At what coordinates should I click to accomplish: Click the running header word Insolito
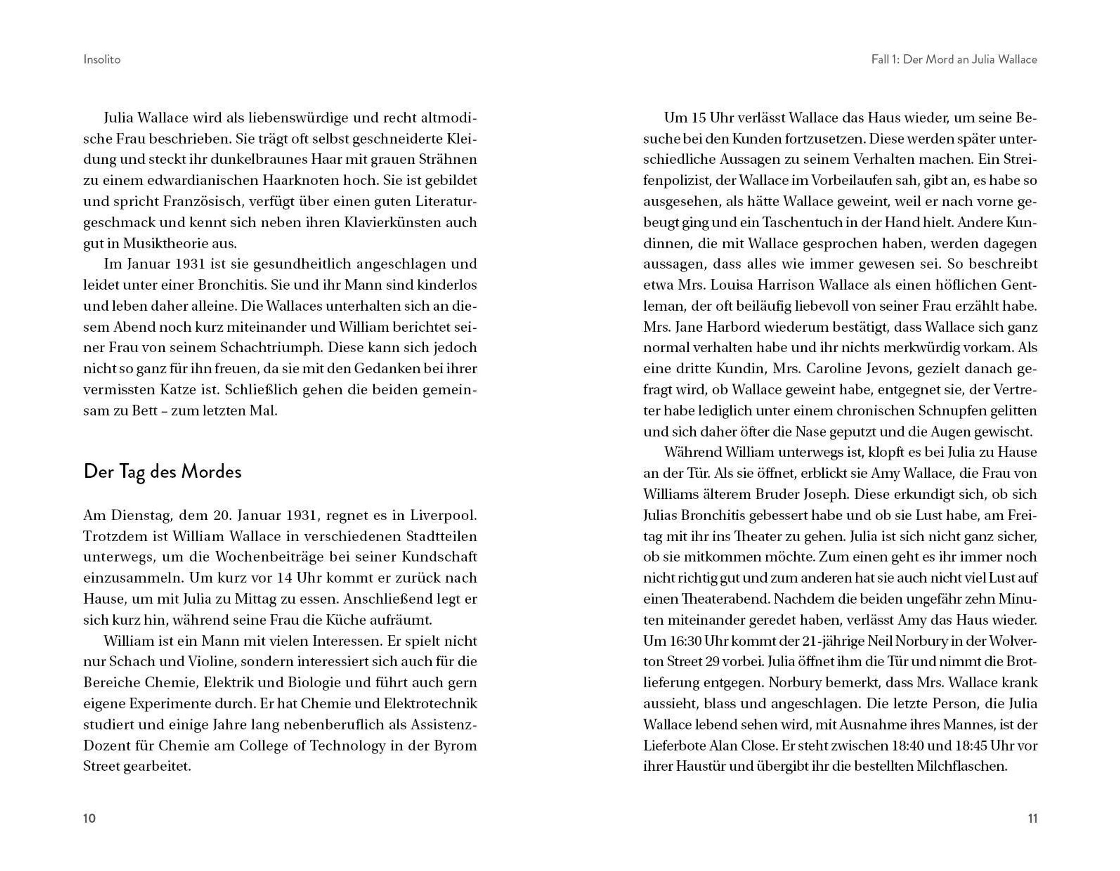102,59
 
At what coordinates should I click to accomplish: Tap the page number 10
89,818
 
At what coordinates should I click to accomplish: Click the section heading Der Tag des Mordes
162,472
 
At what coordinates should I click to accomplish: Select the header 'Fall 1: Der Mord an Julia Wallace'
954,59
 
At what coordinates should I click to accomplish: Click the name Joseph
816,494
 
